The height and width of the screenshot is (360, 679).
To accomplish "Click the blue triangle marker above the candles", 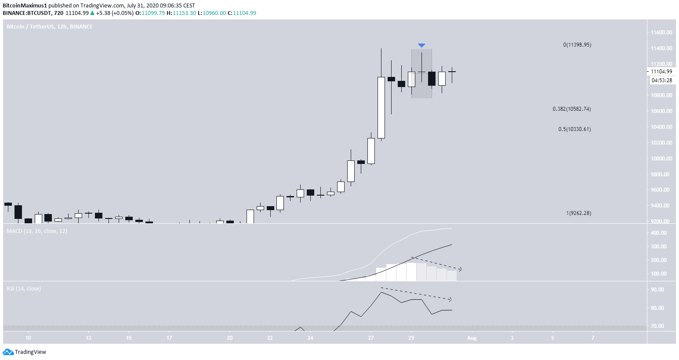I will [x=421, y=45].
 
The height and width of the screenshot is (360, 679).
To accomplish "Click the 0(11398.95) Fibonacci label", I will [x=577, y=45].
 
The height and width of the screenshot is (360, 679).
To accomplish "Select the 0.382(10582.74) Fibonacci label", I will [x=571, y=109].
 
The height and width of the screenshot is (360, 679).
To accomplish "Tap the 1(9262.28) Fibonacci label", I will [x=578, y=213].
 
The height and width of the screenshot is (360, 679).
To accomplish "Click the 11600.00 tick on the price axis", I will [x=661, y=33].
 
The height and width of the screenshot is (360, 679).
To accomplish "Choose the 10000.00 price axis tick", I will [x=661, y=159].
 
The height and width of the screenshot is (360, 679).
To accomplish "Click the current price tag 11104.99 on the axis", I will [x=661, y=72].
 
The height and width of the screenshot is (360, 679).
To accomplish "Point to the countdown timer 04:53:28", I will [x=661, y=80].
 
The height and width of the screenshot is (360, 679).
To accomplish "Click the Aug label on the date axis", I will [x=472, y=338].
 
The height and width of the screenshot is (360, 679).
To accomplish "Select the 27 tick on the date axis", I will [x=371, y=338].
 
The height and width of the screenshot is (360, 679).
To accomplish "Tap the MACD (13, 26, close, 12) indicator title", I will [x=37, y=231].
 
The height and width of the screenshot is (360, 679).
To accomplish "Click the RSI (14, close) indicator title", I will [x=24, y=289].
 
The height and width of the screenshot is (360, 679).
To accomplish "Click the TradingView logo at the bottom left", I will [x=25, y=352].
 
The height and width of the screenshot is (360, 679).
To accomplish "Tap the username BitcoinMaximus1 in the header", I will [x=25, y=6].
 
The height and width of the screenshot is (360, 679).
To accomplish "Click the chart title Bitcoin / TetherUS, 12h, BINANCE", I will [x=50, y=27].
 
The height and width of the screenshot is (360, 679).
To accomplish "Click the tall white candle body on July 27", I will [x=381, y=108].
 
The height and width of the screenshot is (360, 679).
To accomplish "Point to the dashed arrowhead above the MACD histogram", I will [x=460, y=269].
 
